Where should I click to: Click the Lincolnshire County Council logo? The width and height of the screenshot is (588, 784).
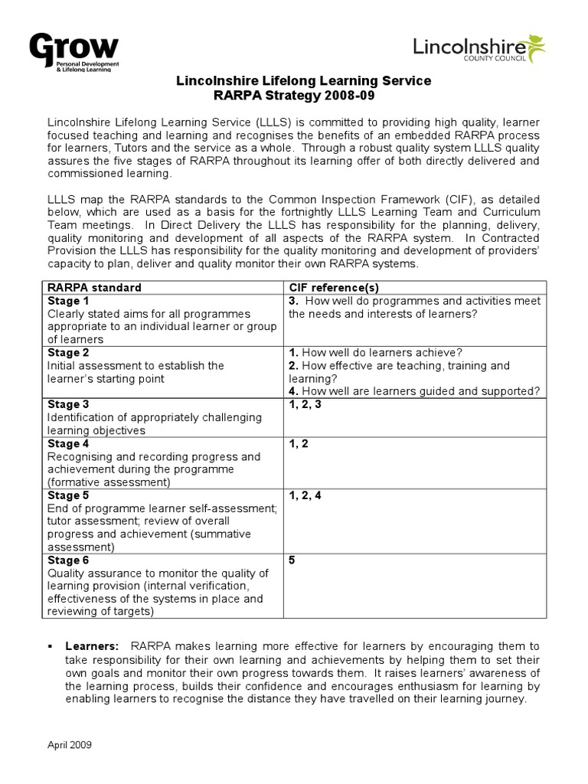479,51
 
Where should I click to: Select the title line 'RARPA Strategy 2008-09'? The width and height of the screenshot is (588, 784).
304,95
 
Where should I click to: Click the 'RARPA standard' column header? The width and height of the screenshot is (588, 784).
94,287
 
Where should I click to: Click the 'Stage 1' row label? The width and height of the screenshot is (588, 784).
68,301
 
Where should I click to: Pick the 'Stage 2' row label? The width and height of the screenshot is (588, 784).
68,352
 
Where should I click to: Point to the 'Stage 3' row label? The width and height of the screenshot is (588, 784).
68,404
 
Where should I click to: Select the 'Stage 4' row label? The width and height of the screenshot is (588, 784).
68,443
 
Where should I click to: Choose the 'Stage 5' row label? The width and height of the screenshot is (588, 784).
68,495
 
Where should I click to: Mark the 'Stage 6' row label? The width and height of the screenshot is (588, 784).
68,560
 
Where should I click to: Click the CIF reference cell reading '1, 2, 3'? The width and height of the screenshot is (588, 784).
305,404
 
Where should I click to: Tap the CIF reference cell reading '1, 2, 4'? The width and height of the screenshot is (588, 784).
305,495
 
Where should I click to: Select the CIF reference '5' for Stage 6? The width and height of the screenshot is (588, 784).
292,560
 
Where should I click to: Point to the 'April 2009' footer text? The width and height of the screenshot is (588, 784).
69,743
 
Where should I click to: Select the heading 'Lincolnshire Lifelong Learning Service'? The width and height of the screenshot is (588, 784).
304,80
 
